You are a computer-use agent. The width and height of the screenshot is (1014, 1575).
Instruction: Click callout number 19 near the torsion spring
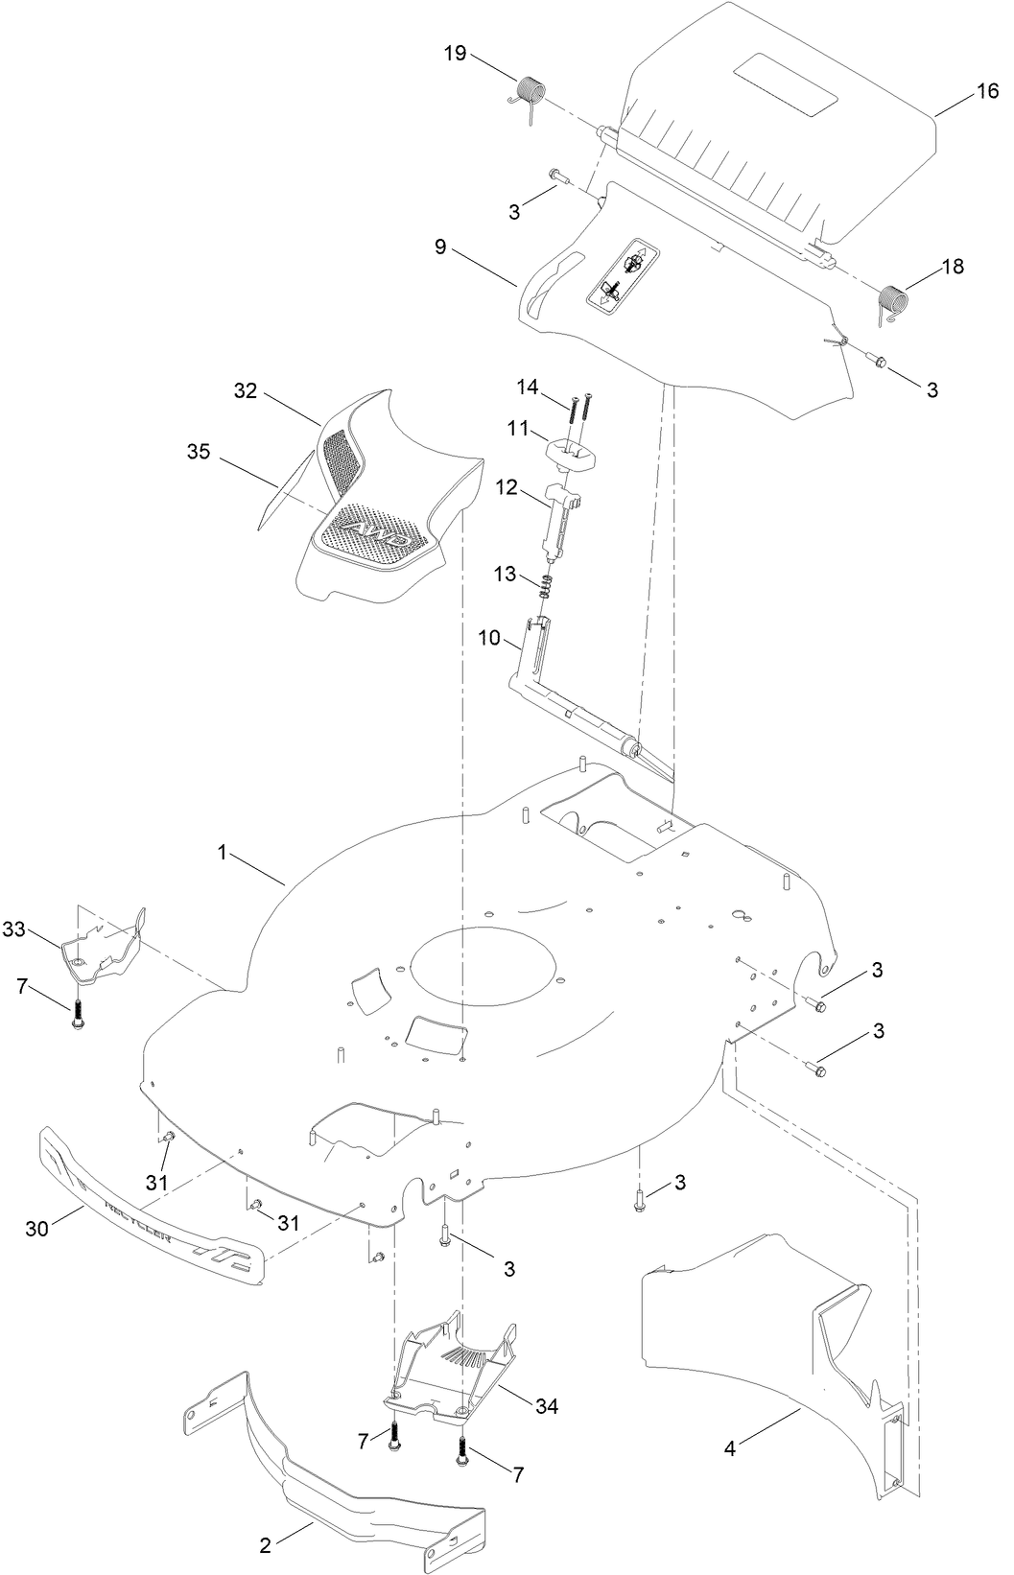[x=455, y=53]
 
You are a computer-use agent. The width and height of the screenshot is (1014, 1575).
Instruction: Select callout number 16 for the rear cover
[x=987, y=91]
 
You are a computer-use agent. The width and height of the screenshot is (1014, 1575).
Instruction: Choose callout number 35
[x=199, y=452]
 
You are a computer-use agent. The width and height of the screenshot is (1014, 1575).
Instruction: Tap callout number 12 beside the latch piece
[x=507, y=487]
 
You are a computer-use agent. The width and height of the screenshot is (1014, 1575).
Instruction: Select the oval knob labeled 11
[x=570, y=452]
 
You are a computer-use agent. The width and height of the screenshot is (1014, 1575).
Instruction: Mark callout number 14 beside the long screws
[x=527, y=387]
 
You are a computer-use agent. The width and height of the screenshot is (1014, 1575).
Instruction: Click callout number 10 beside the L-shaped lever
[x=488, y=639]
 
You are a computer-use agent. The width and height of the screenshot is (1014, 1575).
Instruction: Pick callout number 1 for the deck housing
[x=223, y=853]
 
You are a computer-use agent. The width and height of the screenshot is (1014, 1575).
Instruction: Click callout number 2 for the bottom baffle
[x=265, y=1544]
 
